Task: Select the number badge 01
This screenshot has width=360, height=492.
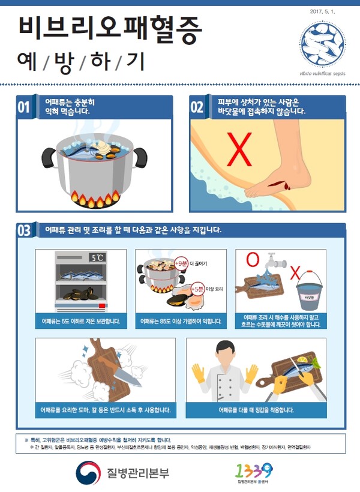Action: coord(23,107)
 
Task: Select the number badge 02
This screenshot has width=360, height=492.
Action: coord(197,107)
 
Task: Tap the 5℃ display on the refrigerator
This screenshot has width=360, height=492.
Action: coord(98,258)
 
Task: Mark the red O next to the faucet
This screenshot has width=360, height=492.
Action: coord(253,259)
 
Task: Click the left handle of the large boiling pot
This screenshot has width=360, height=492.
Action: coord(49,157)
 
